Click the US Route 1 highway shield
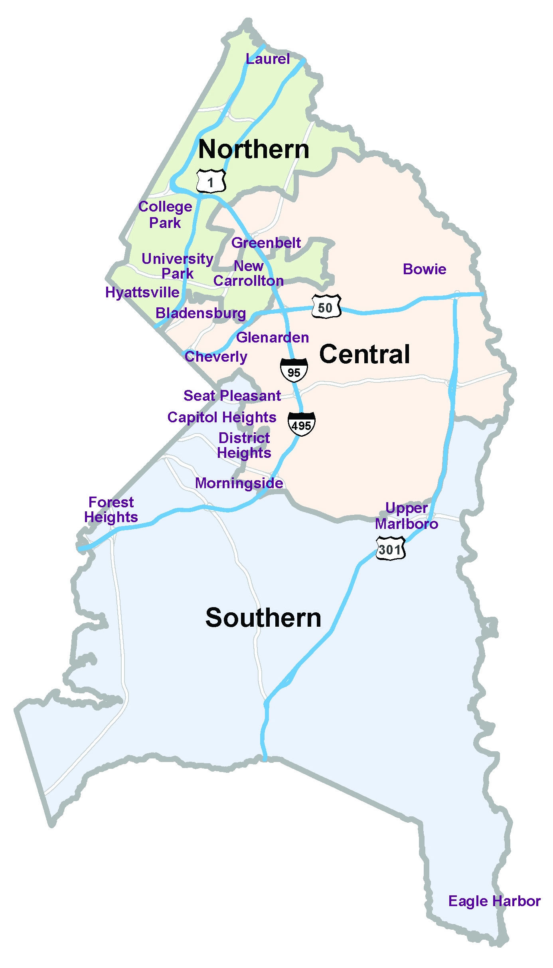(211, 182)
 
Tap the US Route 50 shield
(326, 307)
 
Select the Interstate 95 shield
(294, 371)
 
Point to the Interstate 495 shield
(301, 424)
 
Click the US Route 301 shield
(390, 549)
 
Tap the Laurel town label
(268, 59)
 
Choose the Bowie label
(425, 269)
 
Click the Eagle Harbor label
(494, 901)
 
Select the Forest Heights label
(111, 509)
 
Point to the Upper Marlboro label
(407, 516)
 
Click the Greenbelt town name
(266, 243)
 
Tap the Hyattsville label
(142, 293)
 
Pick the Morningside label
(239, 483)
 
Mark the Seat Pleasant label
(232, 396)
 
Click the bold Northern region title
(254, 149)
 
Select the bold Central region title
(364, 354)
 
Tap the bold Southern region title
(263, 618)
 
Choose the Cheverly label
(216, 356)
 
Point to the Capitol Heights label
(222, 417)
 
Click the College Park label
(165, 214)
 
